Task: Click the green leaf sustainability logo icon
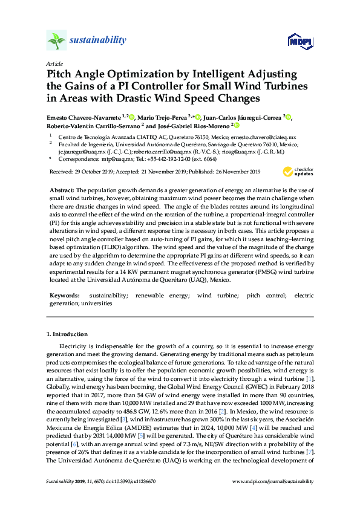pyautogui.click(x=56, y=41)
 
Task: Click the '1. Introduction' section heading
pyautogui.click(x=67, y=334)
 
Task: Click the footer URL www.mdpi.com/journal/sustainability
pyautogui.click(x=273, y=481)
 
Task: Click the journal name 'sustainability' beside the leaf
pyautogui.click(x=98, y=41)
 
